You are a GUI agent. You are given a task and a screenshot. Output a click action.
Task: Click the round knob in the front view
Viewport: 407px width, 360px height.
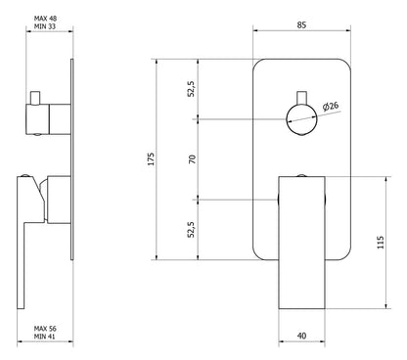(x=300, y=119)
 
